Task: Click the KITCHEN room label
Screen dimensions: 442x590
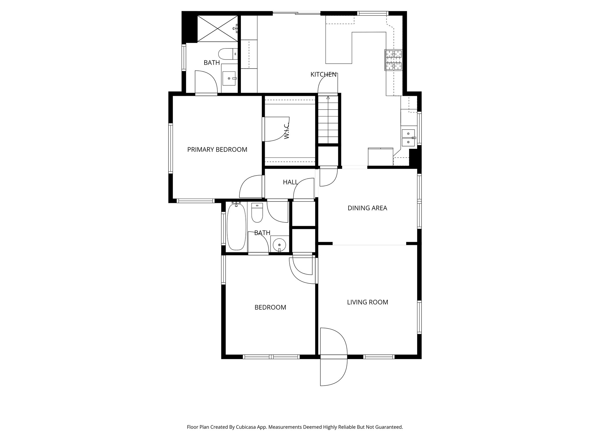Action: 323,75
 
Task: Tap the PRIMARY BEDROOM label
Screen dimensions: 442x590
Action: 217,150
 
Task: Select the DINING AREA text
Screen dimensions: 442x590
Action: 367,208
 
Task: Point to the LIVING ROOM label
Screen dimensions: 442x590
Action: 367,302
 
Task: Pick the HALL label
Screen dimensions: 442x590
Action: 290,182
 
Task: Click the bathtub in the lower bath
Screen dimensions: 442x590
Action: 237,227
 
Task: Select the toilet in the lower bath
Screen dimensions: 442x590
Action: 257,213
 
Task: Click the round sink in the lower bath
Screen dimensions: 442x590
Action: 279,245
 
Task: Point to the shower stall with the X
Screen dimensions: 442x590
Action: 218,29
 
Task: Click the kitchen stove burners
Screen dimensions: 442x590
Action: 394,60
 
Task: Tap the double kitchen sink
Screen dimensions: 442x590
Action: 408,138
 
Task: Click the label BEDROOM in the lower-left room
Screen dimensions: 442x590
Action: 270,307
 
